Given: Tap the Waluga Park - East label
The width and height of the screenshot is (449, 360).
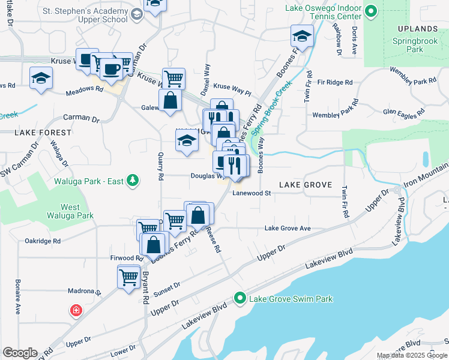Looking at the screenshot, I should coord(90,179).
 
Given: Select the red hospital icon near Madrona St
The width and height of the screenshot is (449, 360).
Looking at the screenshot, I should coord(76,311).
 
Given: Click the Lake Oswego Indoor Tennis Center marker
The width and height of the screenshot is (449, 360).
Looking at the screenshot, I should coord(371,11).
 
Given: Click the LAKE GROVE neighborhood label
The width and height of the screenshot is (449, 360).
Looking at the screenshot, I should coord(305,185).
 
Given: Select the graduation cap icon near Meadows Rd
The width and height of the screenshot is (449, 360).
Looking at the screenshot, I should coord(41,79).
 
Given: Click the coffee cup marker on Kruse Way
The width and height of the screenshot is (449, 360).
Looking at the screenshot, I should coord(110,68).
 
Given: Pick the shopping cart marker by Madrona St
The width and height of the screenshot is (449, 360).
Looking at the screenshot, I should coord(129,277).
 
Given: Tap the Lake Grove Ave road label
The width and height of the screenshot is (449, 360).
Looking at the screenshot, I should coord(288,228).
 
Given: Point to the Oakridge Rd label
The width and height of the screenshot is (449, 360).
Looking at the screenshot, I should coord(43,241).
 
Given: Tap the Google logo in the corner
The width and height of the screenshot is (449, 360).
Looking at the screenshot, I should coord(20,353).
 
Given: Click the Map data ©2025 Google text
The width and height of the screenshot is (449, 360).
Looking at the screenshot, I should coord(412,355).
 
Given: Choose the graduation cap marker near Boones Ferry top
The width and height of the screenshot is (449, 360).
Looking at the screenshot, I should coord(302,36).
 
